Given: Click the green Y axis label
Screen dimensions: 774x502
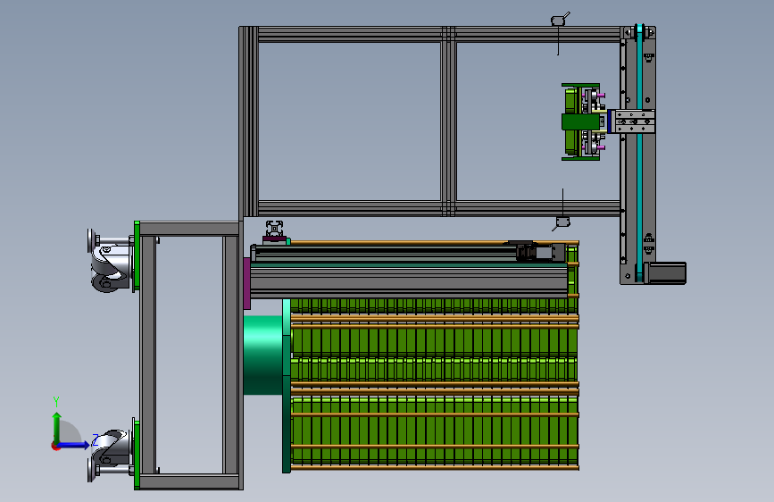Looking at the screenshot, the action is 56,401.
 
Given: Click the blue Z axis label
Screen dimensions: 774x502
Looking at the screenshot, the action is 96,439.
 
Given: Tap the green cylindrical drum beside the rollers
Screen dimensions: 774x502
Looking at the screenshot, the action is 263,356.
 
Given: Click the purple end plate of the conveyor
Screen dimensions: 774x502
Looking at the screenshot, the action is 246,284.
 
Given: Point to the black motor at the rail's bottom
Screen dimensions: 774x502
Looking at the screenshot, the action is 665,273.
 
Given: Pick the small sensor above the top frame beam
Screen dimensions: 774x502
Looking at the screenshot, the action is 559,20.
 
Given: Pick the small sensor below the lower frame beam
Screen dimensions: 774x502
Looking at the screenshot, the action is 562,222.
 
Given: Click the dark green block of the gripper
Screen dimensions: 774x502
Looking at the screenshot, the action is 580,121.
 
